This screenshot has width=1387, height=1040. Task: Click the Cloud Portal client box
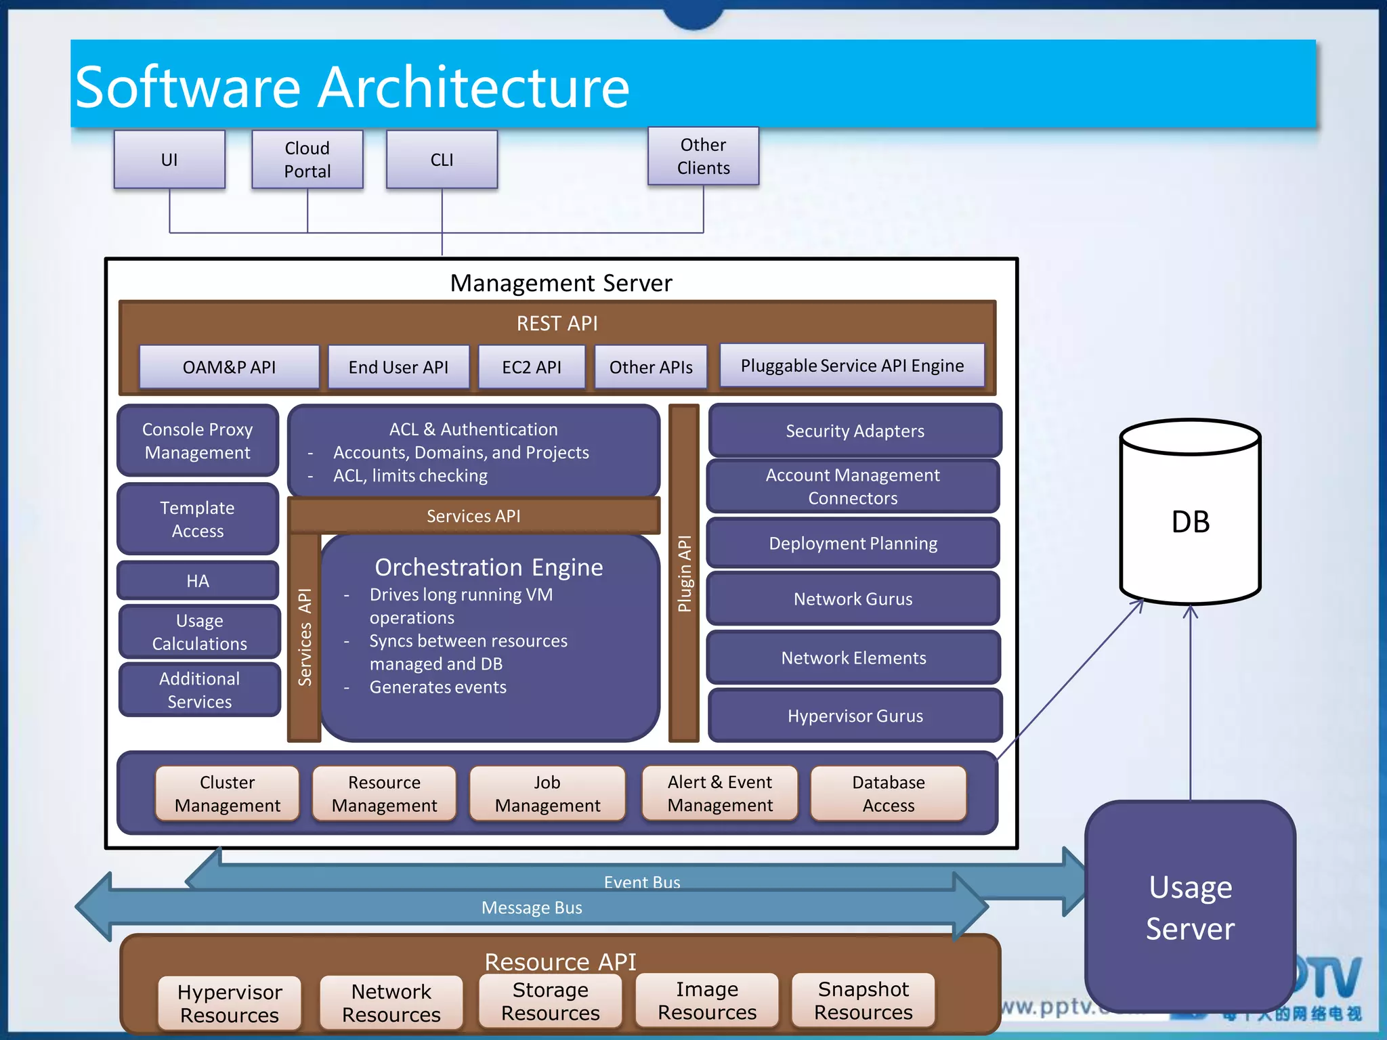[x=307, y=160]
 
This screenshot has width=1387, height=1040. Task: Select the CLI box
[x=442, y=160]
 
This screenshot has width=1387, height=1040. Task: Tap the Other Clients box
[x=703, y=156]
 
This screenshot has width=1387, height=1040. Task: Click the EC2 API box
[x=532, y=367]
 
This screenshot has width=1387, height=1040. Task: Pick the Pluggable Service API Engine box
[x=851, y=366]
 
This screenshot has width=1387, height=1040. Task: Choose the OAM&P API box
[x=229, y=367]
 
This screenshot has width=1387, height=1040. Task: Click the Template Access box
[x=198, y=519]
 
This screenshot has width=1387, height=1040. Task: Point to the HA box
[x=198, y=581]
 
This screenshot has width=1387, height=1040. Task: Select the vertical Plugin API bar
[x=684, y=573]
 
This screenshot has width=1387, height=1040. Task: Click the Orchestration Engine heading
[x=489, y=567]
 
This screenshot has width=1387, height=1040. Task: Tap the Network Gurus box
[x=853, y=599]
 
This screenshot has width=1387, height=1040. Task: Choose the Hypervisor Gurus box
[x=855, y=716]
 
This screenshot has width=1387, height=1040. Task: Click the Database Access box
[x=888, y=794]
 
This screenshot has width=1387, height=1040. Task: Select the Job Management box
[x=547, y=794]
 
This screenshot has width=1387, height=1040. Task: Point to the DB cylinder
[x=1190, y=521]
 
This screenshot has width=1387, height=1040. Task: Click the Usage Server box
[x=1190, y=907]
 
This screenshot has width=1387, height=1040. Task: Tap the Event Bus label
[x=642, y=882]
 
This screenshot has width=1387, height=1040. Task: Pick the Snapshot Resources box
[x=863, y=1001]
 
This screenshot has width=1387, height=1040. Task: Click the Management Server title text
[x=561, y=283]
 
